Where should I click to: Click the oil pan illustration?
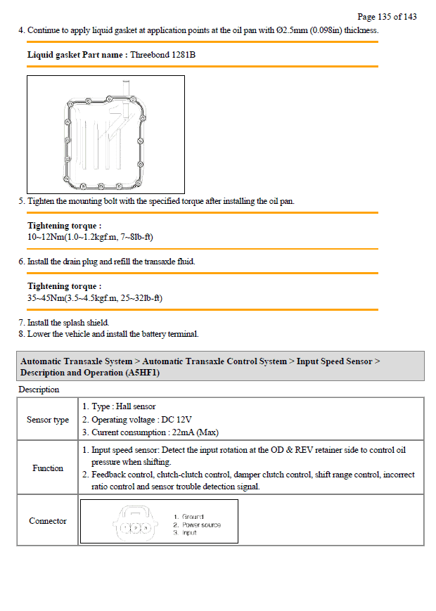pos(105,134)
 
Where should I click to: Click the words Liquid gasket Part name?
pos(77,54)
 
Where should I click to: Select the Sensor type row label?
pos(48,420)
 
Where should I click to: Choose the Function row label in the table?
pos(48,468)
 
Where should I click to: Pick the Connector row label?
pos(48,521)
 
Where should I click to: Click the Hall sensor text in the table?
pos(135,406)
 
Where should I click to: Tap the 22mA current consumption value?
pos(181,432)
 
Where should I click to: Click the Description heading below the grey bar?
pos(39,390)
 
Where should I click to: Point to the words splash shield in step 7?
pos(89,323)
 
